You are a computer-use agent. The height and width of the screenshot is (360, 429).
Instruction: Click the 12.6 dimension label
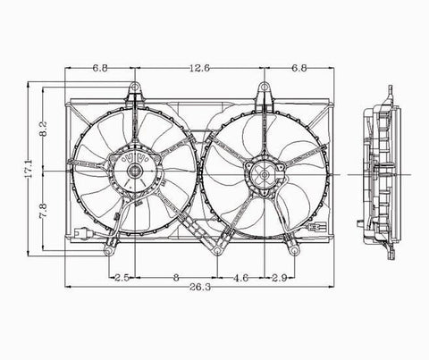[200, 65]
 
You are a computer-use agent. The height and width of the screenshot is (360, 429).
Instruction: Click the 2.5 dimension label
[122, 278]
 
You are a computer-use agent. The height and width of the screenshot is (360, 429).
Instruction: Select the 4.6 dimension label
[241, 278]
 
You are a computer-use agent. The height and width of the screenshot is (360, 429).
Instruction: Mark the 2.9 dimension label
[279, 278]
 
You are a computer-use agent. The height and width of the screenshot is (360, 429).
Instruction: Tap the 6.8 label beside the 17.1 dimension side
[100, 65]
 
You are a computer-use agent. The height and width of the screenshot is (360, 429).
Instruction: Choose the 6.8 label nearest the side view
[299, 65]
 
